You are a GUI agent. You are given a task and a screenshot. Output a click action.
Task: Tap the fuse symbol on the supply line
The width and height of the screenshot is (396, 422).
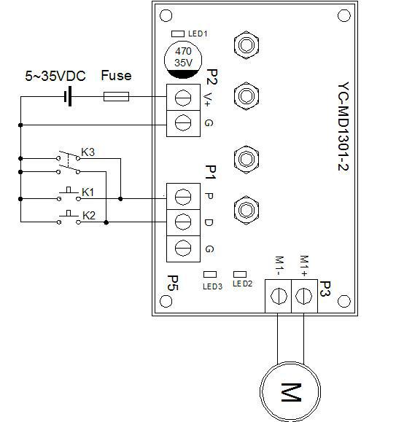tap(117, 96)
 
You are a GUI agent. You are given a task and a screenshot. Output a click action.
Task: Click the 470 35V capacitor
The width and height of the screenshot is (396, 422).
tap(183, 58)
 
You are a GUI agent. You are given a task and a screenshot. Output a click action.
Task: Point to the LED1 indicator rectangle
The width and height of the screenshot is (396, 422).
tap(177, 34)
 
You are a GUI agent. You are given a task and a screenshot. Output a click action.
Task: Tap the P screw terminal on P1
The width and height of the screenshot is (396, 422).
tap(183, 197)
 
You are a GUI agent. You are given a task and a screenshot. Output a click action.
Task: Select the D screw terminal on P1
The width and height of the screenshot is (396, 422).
tap(183, 222)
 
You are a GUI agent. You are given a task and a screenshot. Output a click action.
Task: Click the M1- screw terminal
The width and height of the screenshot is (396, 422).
tap(278, 294)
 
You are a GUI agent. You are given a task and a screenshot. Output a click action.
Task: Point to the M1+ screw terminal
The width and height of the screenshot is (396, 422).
tap(304, 294)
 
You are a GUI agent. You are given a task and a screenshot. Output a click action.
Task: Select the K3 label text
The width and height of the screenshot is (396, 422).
tap(88, 152)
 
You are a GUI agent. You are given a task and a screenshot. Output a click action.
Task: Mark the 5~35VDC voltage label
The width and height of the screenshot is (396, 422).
tap(56, 75)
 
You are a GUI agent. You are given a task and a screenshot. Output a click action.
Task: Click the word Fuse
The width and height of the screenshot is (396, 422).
tap(116, 75)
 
